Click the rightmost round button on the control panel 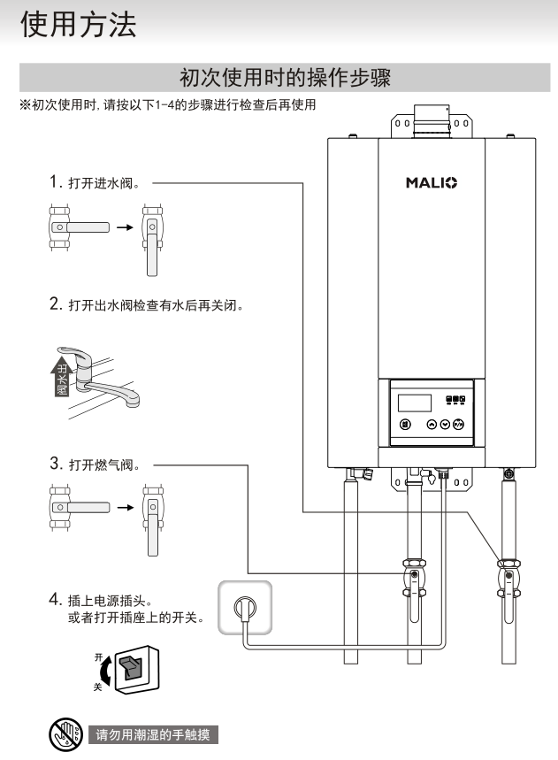click(458, 424)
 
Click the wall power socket click(244, 606)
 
